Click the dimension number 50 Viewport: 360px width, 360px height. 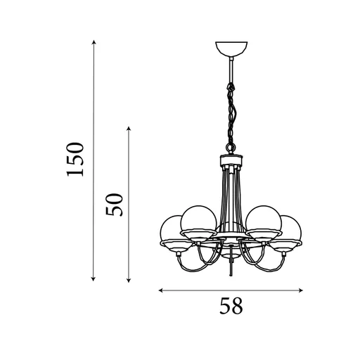[x=115, y=204]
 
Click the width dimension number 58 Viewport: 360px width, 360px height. [x=231, y=306]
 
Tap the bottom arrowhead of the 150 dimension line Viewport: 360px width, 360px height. [x=94, y=279]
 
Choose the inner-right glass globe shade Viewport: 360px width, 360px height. [x=264, y=219]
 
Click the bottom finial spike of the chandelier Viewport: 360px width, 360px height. [x=231, y=269]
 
